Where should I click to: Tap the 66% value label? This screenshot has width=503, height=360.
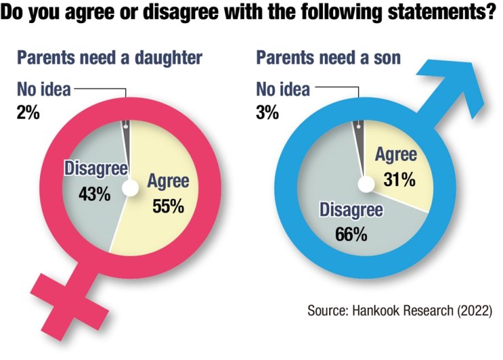click(x=351, y=235)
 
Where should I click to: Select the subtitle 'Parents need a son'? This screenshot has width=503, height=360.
click(x=328, y=57)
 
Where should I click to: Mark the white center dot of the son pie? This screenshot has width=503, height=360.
click(x=366, y=184)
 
